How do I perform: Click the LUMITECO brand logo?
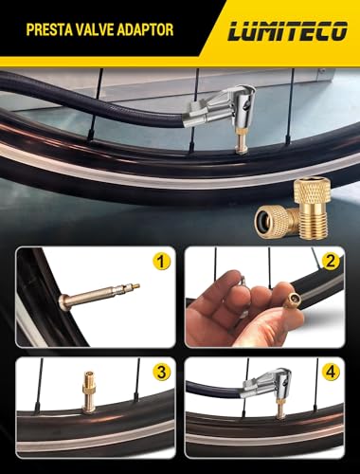coord(287,31)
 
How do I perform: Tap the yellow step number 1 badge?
coord(161,262)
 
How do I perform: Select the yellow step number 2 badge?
coord(331,262)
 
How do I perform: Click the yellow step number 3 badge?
coord(161,373)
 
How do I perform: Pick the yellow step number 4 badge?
coord(331,373)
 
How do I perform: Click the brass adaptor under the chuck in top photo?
coord(242,145)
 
